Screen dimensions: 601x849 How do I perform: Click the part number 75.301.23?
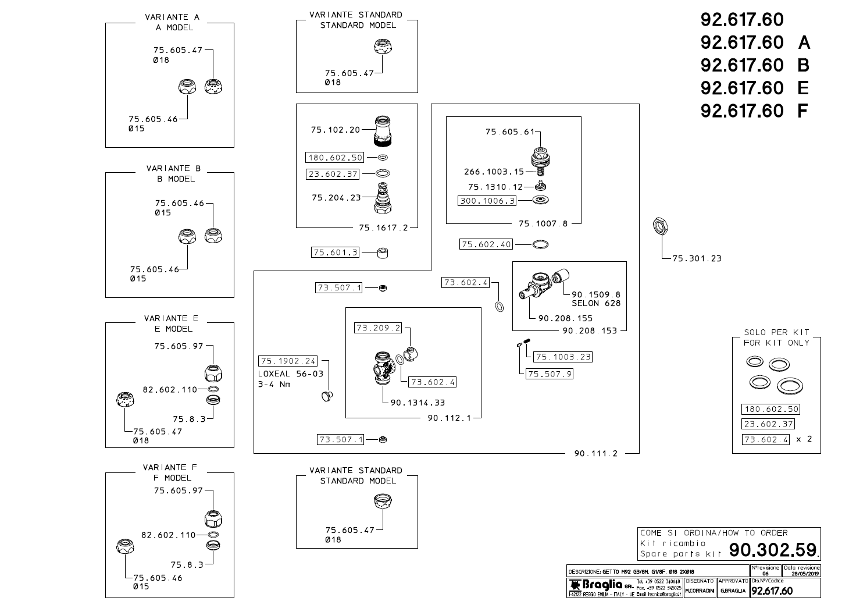(697, 258)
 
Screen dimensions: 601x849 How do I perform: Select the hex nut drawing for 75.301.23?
(662, 225)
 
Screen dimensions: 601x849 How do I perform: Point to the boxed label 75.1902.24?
(288, 361)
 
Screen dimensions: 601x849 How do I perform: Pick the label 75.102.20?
(336, 130)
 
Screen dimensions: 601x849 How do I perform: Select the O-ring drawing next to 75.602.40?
(540, 245)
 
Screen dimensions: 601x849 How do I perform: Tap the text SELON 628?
(596, 303)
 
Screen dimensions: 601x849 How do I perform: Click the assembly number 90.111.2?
(595, 454)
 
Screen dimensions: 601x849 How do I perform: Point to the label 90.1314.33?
(418, 403)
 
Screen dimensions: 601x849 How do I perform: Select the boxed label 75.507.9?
(549, 374)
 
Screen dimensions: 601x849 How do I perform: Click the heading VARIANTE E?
(171, 318)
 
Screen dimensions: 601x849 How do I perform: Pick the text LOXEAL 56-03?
(290, 374)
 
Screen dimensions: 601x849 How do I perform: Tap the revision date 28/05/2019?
(801, 574)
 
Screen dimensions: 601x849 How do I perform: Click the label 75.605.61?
(509, 132)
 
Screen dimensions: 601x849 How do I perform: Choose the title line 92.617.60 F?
(754, 111)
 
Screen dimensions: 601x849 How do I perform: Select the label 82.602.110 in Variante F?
(169, 535)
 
